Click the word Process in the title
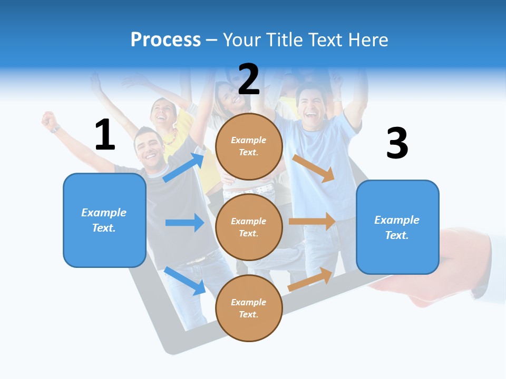(x=166, y=39)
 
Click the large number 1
(x=105, y=135)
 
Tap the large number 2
(x=249, y=79)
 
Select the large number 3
(x=397, y=143)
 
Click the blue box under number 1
(x=104, y=220)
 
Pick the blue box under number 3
(x=397, y=227)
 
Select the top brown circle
(x=249, y=146)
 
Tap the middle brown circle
(x=249, y=227)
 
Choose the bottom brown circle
(x=249, y=308)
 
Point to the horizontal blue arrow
(x=184, y=223)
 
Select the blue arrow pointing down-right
(x=185, y=281)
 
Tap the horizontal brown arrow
(x=312, y=221)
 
